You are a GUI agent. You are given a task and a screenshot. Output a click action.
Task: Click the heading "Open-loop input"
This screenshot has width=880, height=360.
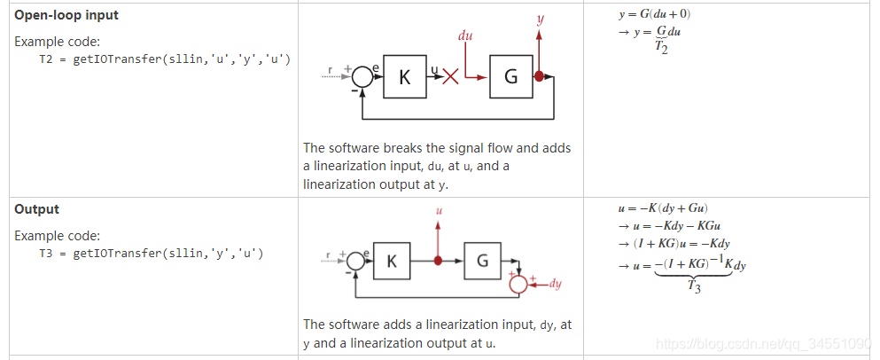click(66, 16)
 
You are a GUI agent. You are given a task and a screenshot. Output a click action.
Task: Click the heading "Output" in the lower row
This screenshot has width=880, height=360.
click(36, 209)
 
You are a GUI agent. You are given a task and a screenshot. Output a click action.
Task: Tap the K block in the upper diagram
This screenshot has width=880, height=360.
click(405, 77)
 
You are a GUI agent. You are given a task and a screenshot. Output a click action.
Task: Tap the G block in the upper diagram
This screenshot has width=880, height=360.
click(510, 77)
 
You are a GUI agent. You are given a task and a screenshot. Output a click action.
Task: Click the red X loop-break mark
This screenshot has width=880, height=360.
click(450, 77)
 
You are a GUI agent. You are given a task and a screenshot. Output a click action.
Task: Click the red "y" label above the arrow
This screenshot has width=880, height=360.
click(540, 17)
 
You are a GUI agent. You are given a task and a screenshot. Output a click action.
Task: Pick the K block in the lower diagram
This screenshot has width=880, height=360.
click(392, 262)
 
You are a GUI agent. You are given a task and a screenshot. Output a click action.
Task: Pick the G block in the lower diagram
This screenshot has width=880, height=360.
click(482, 262)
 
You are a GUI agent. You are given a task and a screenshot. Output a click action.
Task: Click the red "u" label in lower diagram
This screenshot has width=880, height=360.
click(438, 211)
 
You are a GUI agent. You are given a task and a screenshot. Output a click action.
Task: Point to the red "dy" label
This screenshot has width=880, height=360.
click(556, 284)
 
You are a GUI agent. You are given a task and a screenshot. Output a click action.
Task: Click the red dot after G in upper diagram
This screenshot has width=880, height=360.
click(539, 77)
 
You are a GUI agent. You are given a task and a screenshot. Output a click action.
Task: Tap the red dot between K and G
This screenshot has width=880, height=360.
click(438, 262)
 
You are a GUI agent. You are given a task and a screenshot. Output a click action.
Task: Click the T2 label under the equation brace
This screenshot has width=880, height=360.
click(662, 49)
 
